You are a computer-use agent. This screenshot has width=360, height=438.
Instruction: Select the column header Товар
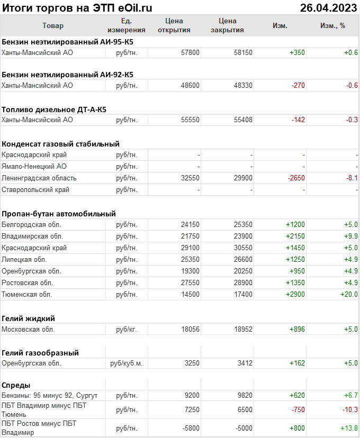point(52,25)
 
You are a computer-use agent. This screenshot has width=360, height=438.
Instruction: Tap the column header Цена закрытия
point(227,25)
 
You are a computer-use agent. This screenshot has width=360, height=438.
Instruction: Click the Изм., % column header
point(332,25)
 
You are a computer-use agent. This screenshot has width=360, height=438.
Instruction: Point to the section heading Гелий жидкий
point(29,318)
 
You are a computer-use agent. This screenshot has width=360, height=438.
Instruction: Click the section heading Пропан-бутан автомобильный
point(59,214)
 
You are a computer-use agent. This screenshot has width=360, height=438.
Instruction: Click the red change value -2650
point(296,178)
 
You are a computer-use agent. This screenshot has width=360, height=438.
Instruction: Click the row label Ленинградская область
point(39,178)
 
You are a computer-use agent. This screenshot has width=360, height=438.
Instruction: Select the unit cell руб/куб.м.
point(126,363)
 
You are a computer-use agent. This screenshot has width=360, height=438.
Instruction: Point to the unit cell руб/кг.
point(126,329)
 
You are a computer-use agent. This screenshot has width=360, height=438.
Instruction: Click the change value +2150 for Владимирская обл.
point(295,236)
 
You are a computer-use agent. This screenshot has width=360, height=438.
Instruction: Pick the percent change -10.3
point(350,409)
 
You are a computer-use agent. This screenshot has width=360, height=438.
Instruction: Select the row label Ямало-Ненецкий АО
point(34,166)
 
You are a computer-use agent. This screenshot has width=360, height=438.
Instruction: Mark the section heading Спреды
point(16,385)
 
